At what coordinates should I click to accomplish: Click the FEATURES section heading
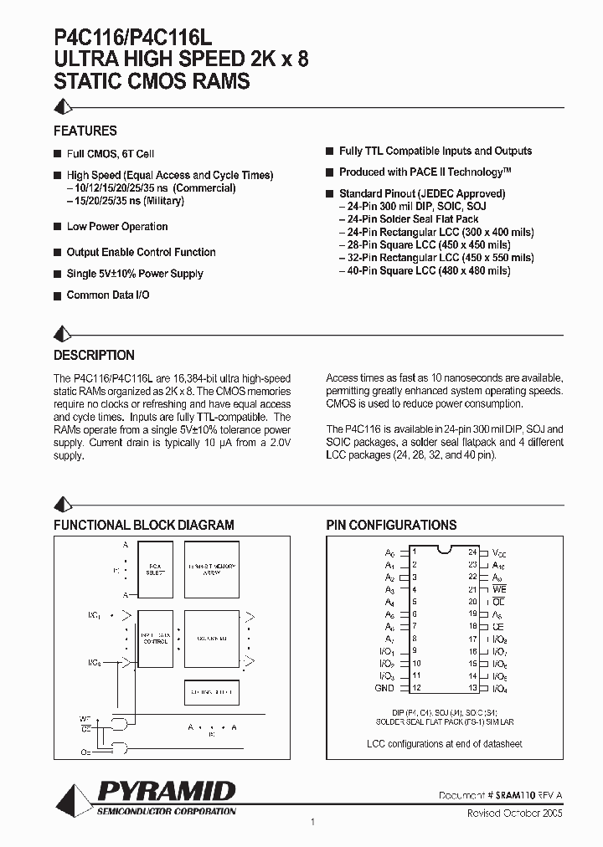85,131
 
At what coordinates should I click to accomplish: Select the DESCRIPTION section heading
94,356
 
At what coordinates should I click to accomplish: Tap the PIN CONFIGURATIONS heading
391,525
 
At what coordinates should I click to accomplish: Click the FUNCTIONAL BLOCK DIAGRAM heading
144,525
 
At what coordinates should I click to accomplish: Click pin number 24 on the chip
472,552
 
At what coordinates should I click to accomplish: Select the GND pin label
384,688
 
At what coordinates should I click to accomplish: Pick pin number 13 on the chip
472,688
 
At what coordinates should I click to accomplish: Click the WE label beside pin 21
499,589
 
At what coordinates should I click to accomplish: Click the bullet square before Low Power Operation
58,227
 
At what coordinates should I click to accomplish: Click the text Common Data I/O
108,295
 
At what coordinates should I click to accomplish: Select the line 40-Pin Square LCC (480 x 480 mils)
425,270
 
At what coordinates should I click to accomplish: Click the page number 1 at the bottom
312,823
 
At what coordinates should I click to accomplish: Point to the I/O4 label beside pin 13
499,688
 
